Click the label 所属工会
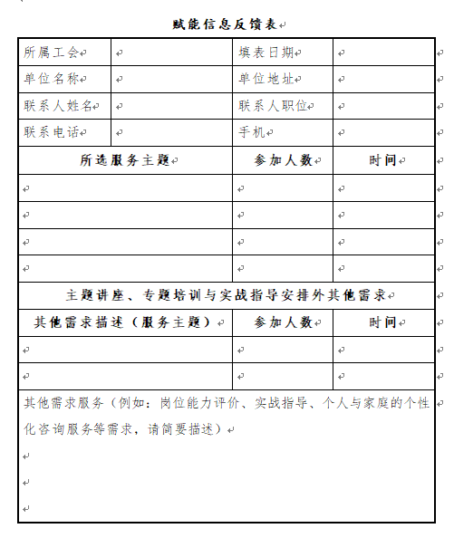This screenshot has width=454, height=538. tap(53, 53)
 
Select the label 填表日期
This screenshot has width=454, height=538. tap(266, 53)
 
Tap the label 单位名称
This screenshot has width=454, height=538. tap(53, 80)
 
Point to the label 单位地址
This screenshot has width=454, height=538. tap(266, 80)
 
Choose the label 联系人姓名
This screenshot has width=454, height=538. tap(59, 106)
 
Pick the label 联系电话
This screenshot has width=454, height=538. tap(53, 132)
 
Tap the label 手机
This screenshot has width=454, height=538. tap(252, 132)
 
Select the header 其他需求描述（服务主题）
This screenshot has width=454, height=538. tap(123, 322)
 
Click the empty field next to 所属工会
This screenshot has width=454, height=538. tap(170, 53)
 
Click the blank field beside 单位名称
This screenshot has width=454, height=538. tap(170, 80)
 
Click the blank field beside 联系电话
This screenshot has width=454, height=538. tap(170, 132)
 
